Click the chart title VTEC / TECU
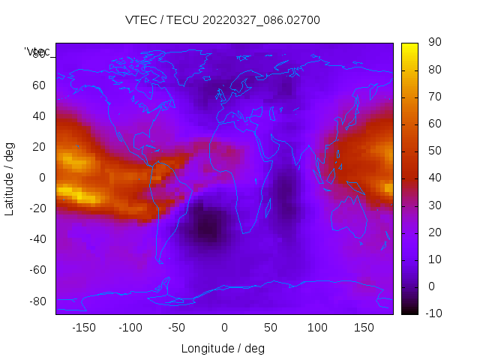(223, 20)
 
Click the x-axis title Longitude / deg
(223, 349)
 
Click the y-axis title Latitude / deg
(10, 178)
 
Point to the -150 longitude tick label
(84, 328)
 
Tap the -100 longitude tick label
(130, 328)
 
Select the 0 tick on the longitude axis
(223, 328)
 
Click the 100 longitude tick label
(317, 328)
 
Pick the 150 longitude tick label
(364, 328)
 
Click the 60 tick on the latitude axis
(38, 85)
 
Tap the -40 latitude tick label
(36, 239)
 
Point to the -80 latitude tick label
(36, 301)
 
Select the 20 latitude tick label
(38, 147)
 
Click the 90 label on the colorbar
(433, 43)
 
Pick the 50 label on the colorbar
(433, 151)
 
